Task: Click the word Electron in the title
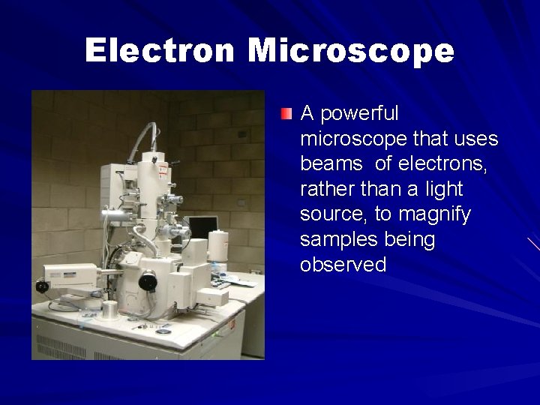(160, 51)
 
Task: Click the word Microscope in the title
(350, 51)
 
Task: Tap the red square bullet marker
(287, 114)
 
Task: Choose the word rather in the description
(324, 190)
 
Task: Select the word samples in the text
(332, 240)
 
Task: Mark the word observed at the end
(343, 265)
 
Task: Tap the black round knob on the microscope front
(148, 283)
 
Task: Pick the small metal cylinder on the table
(110, 310)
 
